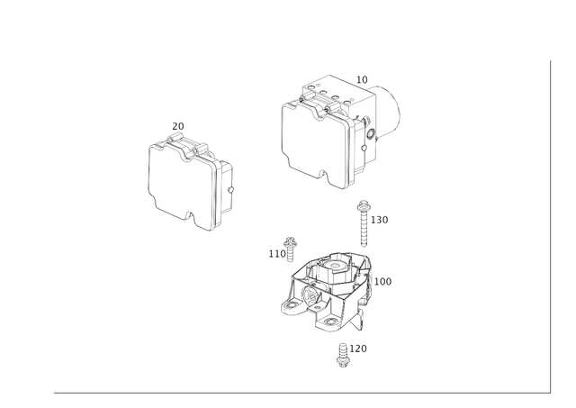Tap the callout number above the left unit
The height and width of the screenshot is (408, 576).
click(x=177, y=123)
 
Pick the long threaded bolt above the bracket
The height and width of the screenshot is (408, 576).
click(x=364, y=225)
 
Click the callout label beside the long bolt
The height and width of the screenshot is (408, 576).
click(x=382, y=219)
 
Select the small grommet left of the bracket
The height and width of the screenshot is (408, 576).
click(x=290, y=243)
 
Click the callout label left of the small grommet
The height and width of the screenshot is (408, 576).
click(x=273, y=253)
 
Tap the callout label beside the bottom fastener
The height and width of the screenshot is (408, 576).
click(x=359, y=346)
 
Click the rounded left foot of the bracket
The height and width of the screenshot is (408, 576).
click(x=291, y=307)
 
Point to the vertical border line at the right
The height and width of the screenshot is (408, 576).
click(x=548, y=225)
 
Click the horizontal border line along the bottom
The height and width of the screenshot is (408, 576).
click(x=297, y=392)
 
